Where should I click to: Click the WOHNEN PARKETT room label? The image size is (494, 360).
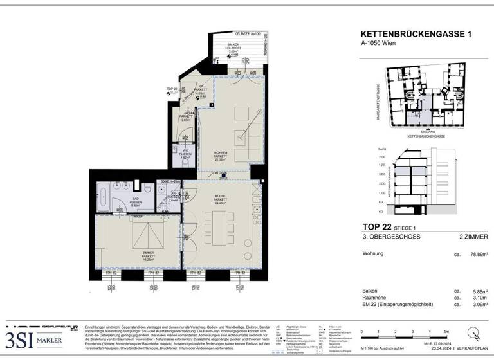point(222,156)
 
